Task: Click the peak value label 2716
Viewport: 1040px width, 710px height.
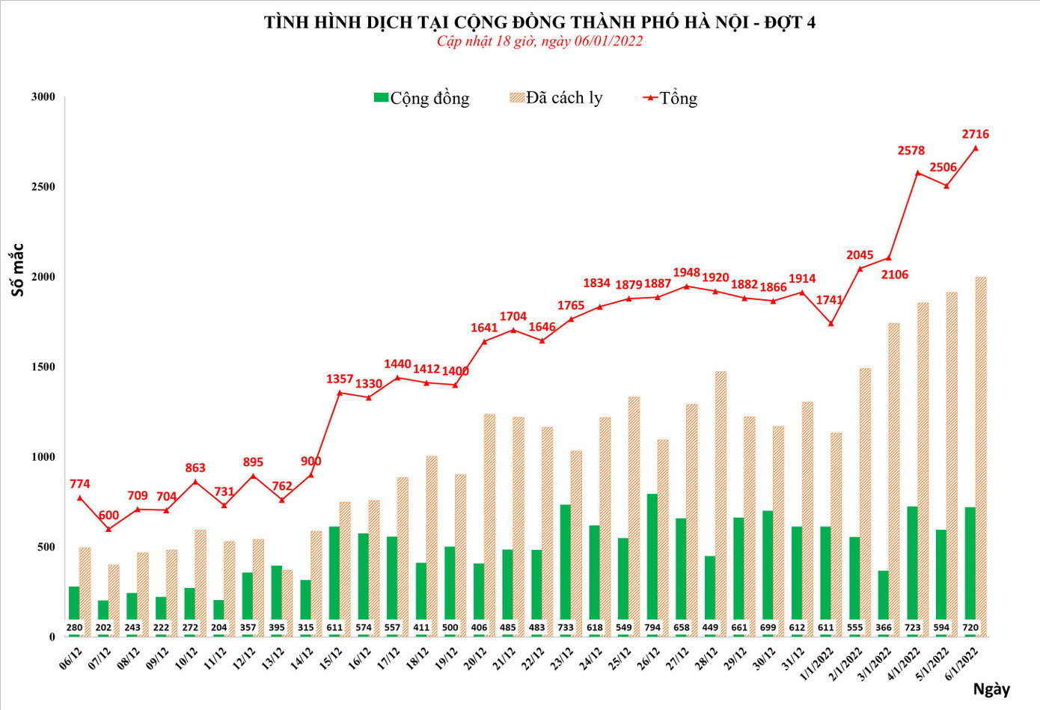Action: point(975,135)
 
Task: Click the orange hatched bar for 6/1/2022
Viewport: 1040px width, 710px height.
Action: point(981,456)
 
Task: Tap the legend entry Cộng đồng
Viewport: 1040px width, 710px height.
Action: point(422,98)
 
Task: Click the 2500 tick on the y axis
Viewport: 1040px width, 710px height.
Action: point(43,187)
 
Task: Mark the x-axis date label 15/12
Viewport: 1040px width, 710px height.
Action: point(331,658)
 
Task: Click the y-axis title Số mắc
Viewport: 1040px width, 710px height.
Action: point(17,270)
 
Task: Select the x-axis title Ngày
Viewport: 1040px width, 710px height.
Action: point(991,689)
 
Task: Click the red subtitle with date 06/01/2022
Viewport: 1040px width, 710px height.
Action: point(539,41)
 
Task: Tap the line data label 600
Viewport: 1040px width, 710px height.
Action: point(108,515)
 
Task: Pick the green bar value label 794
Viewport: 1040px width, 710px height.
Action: point(652,628)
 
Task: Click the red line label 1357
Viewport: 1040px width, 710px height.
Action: point(339,379)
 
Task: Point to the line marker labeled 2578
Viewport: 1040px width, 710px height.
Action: point(917,173)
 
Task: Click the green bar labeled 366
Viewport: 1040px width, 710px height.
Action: point(883,599)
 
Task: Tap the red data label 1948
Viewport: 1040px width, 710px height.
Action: point(686,273)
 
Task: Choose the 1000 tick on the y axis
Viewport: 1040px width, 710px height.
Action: point(43,457)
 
